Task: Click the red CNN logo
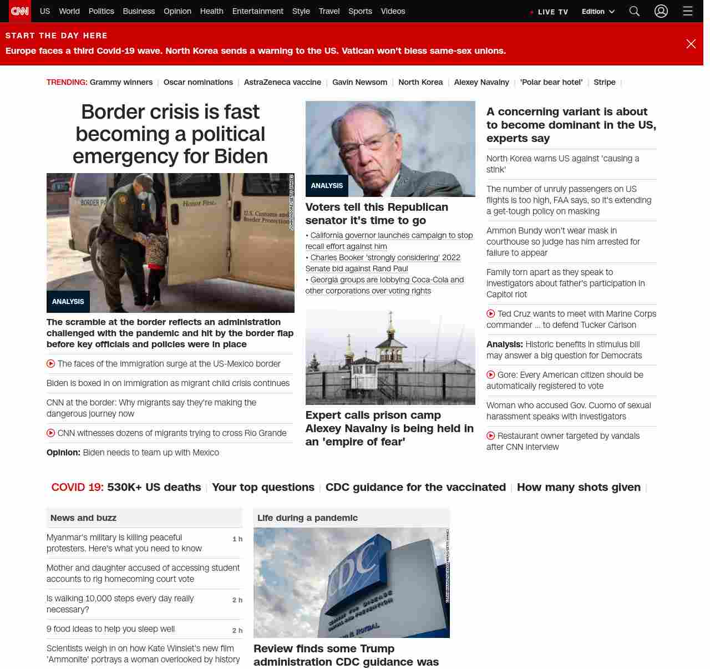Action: click(20, 11)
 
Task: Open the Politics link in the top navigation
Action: click(101, 11)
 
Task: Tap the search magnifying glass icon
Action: click(635, 11)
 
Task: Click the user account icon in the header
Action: click(661, 11)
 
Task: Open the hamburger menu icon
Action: click(688, 11)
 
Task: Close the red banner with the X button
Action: click(691, 44)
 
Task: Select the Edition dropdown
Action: click(598, 12)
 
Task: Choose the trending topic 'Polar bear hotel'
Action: click(551, 82)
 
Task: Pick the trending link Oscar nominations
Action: click(198, 82)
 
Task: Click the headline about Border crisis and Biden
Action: click(170, 134)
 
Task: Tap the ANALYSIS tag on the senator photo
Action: click(327, 186)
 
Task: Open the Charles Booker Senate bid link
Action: click(383, 263)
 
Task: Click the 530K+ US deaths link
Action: click(154, 487)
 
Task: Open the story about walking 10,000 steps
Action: click(120, 604)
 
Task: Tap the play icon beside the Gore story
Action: click(491, 374)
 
